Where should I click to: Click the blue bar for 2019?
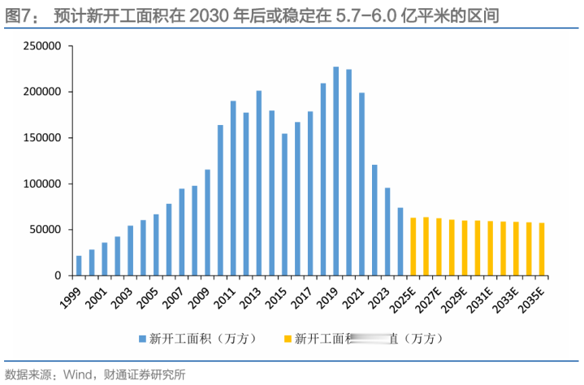(x=335, y=171)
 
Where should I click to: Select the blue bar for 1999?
(x=79, y=266)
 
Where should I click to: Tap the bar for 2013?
(x=258, y=183)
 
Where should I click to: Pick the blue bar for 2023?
(x=387, y=232)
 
